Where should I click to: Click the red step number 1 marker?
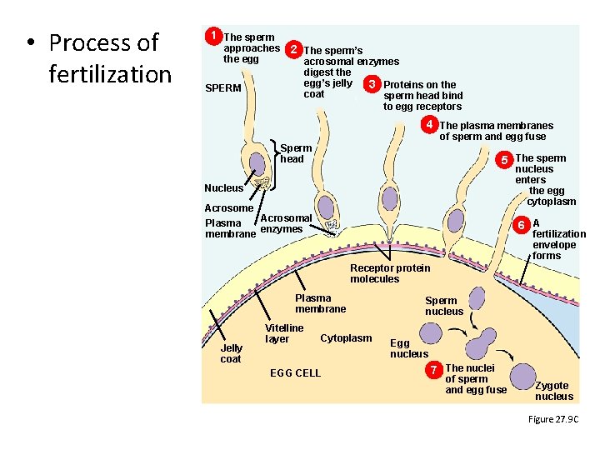[x=214, y=37]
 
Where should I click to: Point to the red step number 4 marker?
[x=429, y=125]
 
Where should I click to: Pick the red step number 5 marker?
[x=503, y=158]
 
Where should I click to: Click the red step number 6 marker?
[x=521, y=224]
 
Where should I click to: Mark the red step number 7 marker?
[x=434, y=368]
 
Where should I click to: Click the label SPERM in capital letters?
[x=224, y=88]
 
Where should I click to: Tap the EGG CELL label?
[x=295, y=372]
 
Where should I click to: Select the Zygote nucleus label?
[x=553, y=391]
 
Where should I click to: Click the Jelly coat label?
[x=231, y=353]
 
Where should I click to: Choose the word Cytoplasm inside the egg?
[x=346, y=338]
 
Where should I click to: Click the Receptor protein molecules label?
[x=390, y=273]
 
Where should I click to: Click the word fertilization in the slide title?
[x=110, y=74]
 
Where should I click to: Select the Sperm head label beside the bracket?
[x=296, y=153]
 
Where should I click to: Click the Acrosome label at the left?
[x=229, y=208]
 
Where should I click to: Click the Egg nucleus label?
[x=409, y=348]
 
